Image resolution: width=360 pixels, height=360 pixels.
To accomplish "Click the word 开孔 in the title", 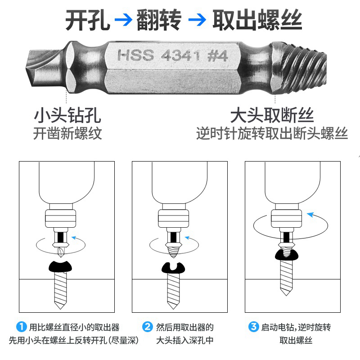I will (x=88, y=20).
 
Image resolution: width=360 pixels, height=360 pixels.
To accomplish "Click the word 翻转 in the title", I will (x=159, y=20).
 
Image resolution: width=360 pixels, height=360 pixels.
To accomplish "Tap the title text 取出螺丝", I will (x=257, y=20).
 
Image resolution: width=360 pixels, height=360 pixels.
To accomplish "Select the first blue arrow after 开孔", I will (x=123, y=20).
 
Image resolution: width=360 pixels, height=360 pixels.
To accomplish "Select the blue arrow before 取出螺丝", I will (x=197, y=20).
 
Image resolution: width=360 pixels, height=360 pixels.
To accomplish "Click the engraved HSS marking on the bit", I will (x=135, y=56).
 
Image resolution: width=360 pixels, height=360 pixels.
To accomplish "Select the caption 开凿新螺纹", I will (x=67, y=134).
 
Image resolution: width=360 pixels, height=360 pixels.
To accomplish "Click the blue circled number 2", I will (x=148, y=326).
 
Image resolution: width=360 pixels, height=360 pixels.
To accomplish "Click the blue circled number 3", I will (x=254, y=326).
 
